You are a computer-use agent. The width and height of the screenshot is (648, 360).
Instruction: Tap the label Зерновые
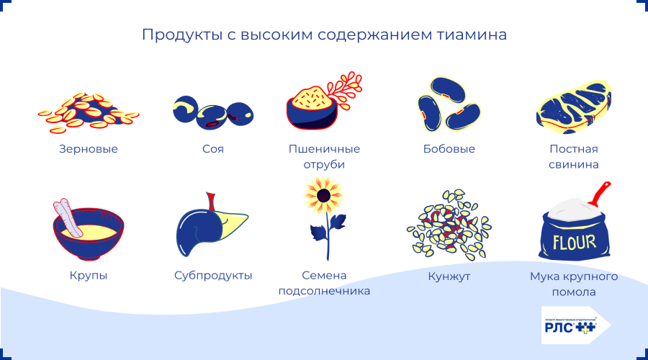[x=89, y=149]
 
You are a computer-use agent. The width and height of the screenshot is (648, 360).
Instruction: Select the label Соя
[x=213, y=149]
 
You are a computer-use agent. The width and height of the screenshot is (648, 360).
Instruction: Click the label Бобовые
[x=449, y=149]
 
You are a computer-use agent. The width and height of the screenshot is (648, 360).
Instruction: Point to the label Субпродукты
[x=213, y=276]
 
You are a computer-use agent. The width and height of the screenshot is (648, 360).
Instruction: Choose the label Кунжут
[x=449, y=276]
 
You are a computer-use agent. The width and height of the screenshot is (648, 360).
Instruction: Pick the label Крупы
[x=89, y=276]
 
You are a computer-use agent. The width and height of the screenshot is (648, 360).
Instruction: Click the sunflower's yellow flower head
[x=323, y=194]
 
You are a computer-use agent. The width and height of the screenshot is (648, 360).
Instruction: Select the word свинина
[x=574, y=165]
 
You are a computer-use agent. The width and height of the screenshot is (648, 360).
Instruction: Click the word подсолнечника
[x=324, y=292]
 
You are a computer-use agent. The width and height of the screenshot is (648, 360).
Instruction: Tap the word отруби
[x=324, y=165]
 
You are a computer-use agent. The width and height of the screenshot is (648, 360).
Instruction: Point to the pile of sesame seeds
[x=449, y=225]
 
